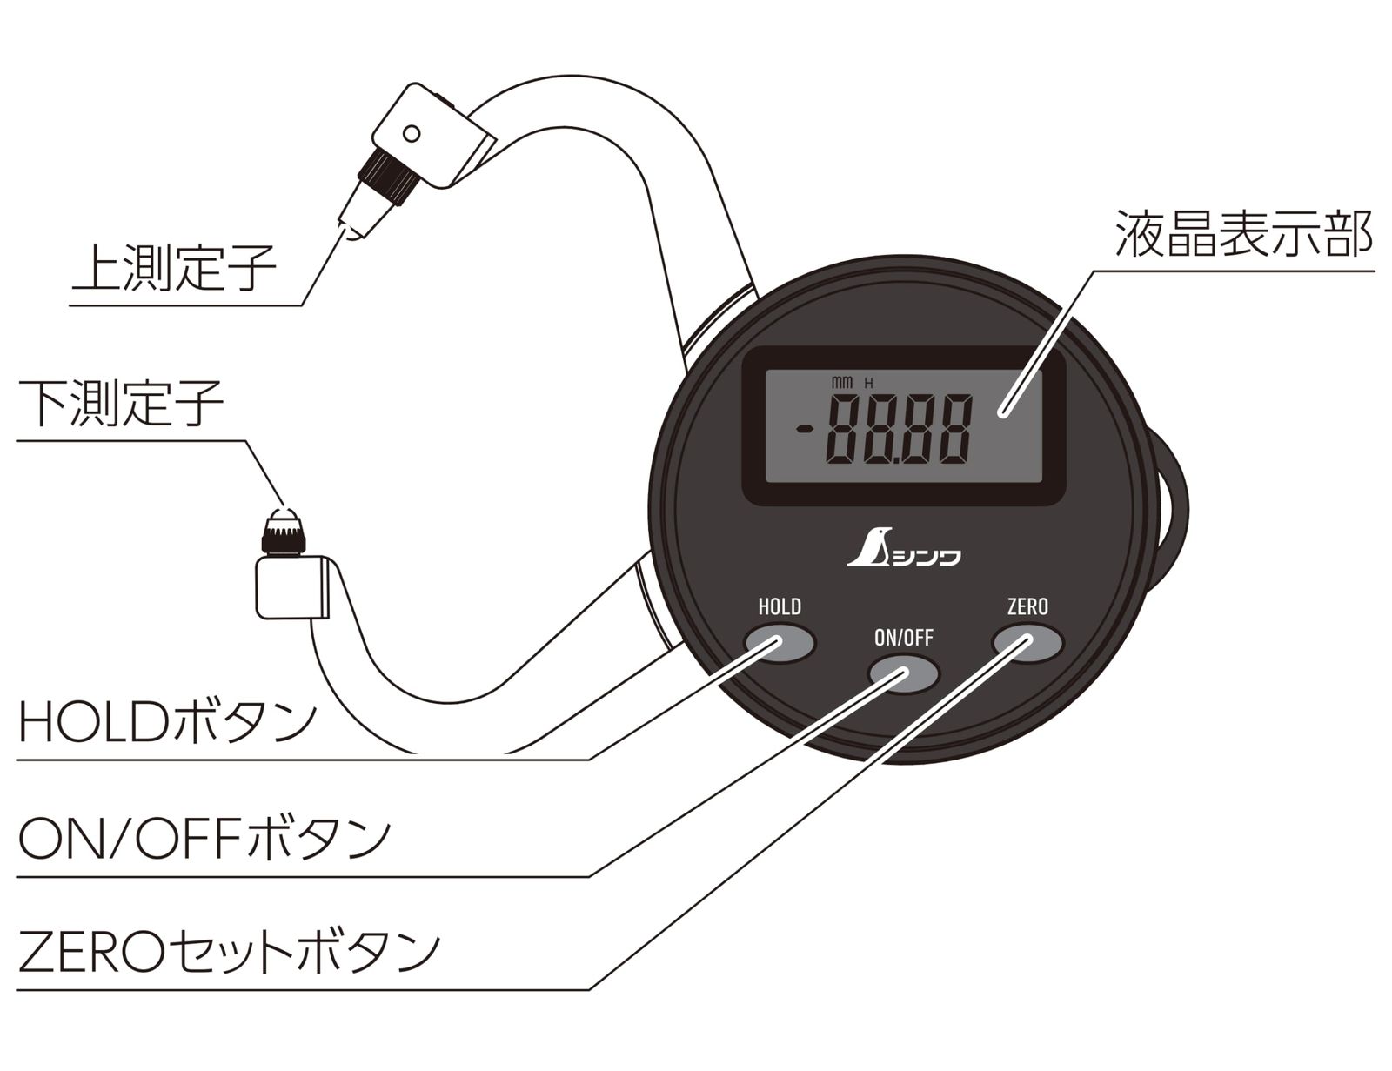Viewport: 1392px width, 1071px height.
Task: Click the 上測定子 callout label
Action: tap(173, 268)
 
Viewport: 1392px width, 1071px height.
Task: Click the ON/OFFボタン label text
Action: tap(204, 837)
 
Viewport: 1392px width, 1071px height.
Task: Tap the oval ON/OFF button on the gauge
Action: tap(904, 674)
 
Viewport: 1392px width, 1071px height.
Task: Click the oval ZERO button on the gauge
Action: tap(1027, 644)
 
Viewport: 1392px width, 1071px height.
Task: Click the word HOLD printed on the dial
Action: tap(780, 606)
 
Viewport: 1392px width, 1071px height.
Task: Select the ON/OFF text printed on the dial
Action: tap(903, 638)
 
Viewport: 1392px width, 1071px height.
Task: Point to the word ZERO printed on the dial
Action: tap(1027, 606)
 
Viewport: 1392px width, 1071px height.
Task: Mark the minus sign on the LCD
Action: tap(806, 428)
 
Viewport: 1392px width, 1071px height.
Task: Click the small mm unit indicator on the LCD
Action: tap(841, 382)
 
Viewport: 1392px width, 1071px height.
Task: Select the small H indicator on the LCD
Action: tap(868, 383)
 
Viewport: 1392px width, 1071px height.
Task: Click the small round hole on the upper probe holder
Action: tap(412, 134)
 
